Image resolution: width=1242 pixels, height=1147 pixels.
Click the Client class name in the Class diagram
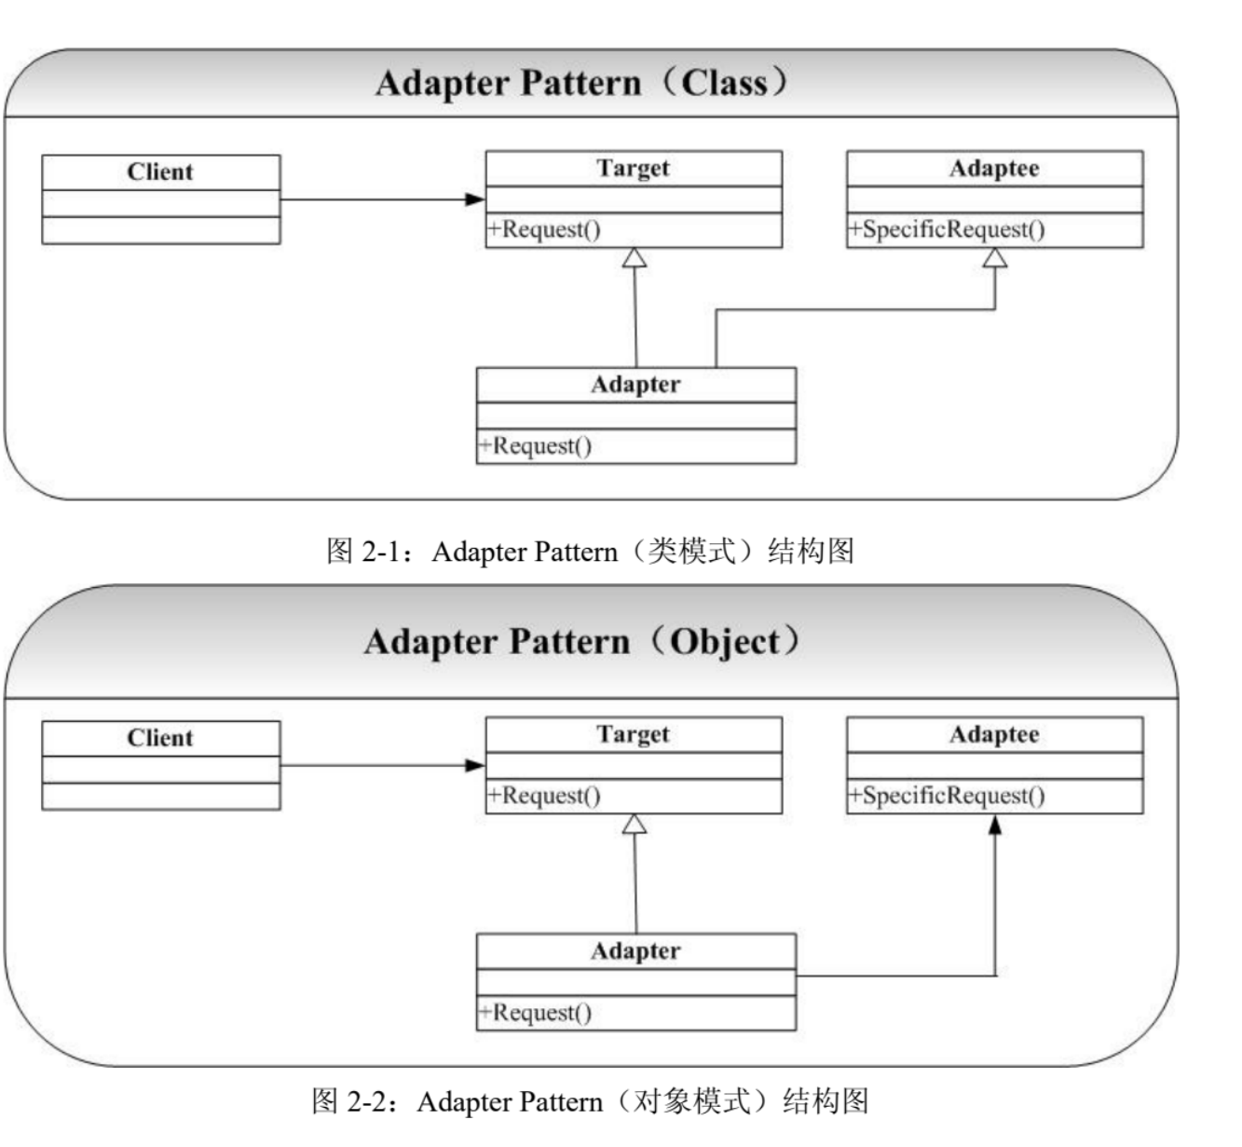point(160,171)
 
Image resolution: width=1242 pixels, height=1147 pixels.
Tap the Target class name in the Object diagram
point(633,734)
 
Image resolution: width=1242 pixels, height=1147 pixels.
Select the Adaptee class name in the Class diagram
point(994,169)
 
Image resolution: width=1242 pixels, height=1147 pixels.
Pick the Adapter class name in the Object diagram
point(635,951)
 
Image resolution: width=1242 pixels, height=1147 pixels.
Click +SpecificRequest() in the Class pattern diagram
point(947,229)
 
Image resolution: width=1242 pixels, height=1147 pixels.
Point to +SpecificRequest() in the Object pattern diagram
point(947,796)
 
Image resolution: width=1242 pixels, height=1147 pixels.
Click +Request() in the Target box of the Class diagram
point(544,229)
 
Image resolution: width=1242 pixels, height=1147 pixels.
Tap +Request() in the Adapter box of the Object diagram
point(535,1013)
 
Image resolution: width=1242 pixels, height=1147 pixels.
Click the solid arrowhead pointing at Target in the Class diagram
point(474,199)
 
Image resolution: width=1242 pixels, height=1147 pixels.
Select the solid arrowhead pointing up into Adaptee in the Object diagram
point(995,825)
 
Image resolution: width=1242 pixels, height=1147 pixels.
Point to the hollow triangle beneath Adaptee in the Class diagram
point(995,258)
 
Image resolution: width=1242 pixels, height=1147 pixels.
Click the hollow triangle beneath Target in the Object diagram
point(635,824)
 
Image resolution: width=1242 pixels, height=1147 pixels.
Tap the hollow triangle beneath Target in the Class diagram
point(635,258)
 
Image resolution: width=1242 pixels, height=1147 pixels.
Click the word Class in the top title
point(724,83)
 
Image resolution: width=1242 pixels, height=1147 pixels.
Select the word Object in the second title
point(726,642)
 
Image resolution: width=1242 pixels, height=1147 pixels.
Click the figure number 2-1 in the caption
point(380,552)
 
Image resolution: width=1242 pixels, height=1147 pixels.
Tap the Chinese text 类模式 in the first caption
point(691,551)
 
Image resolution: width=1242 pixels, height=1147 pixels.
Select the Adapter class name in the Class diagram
point(635,385)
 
